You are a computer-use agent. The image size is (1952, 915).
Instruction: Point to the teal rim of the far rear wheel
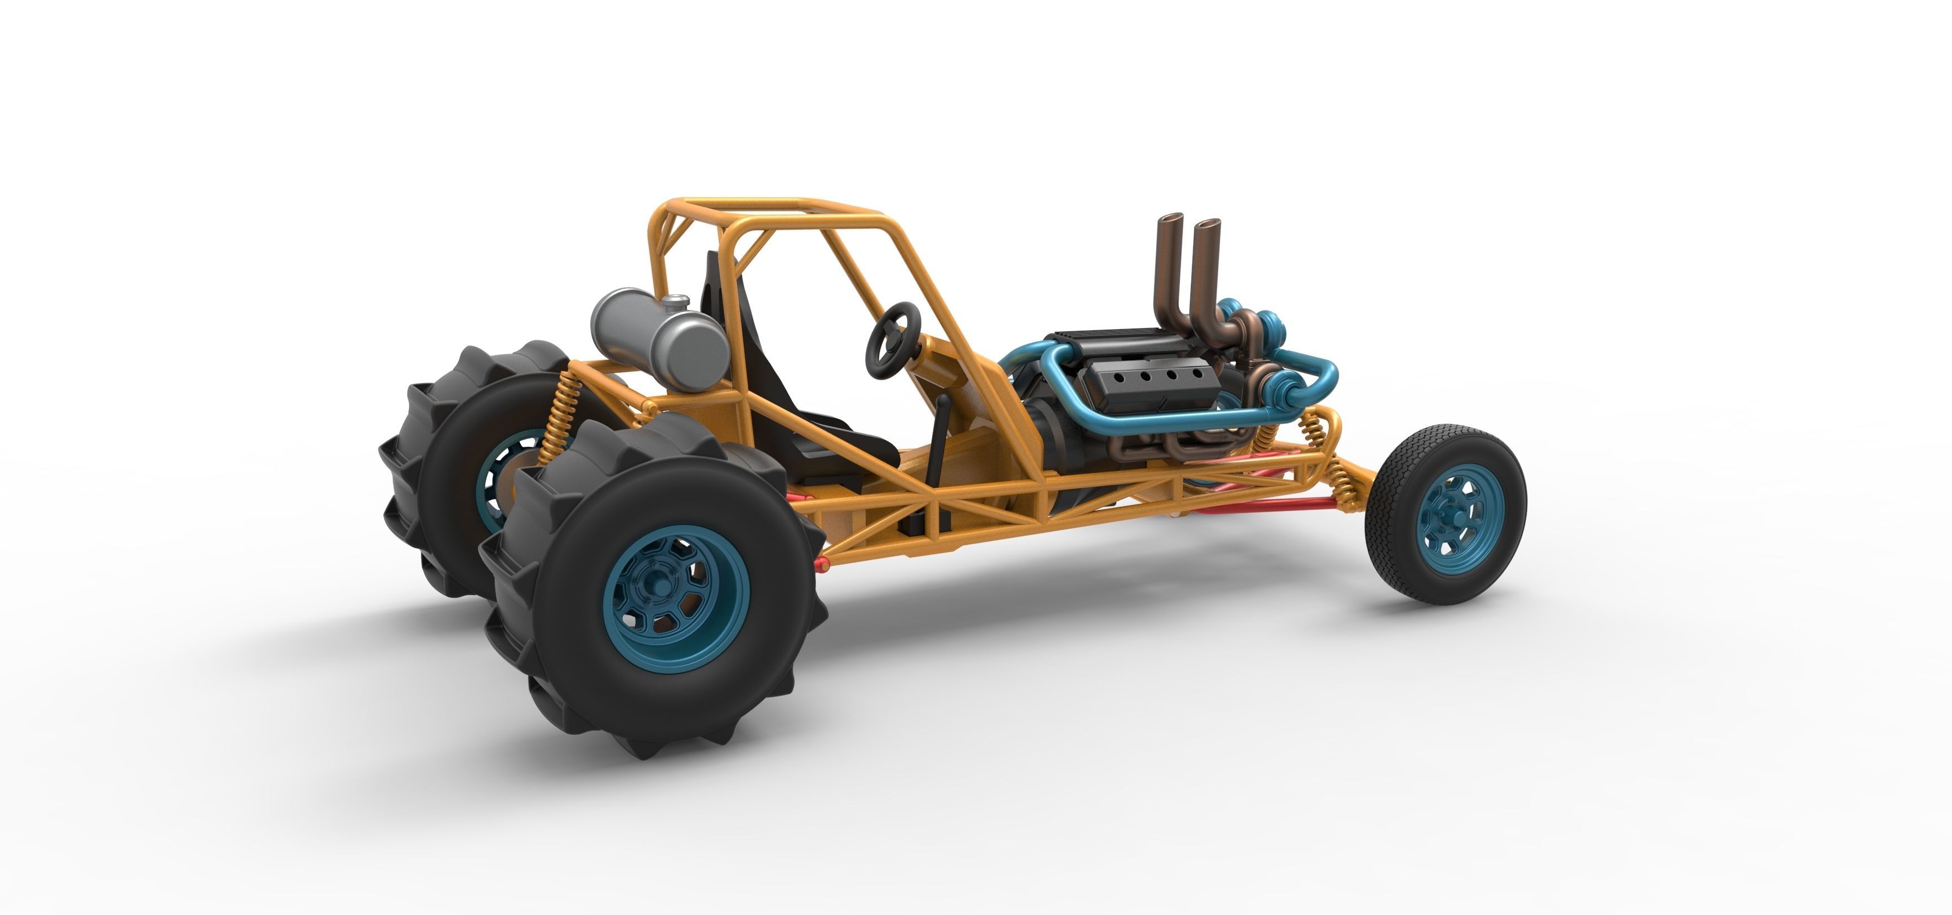[489, 478]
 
